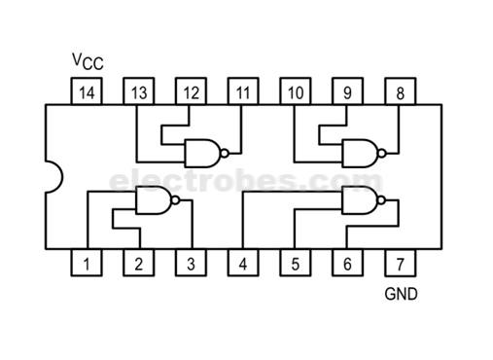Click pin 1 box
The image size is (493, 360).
tap(87, 263)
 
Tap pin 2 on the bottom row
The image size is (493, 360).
tap(139, 263)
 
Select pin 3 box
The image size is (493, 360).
tap(192, 263)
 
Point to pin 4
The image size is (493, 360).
tap(243, 263)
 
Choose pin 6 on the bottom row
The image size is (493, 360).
tap(347, 263)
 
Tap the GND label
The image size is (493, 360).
tap(401, 292)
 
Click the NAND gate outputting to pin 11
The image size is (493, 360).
tap(202, 152)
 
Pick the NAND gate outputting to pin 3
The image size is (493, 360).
tap(154, 202)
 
